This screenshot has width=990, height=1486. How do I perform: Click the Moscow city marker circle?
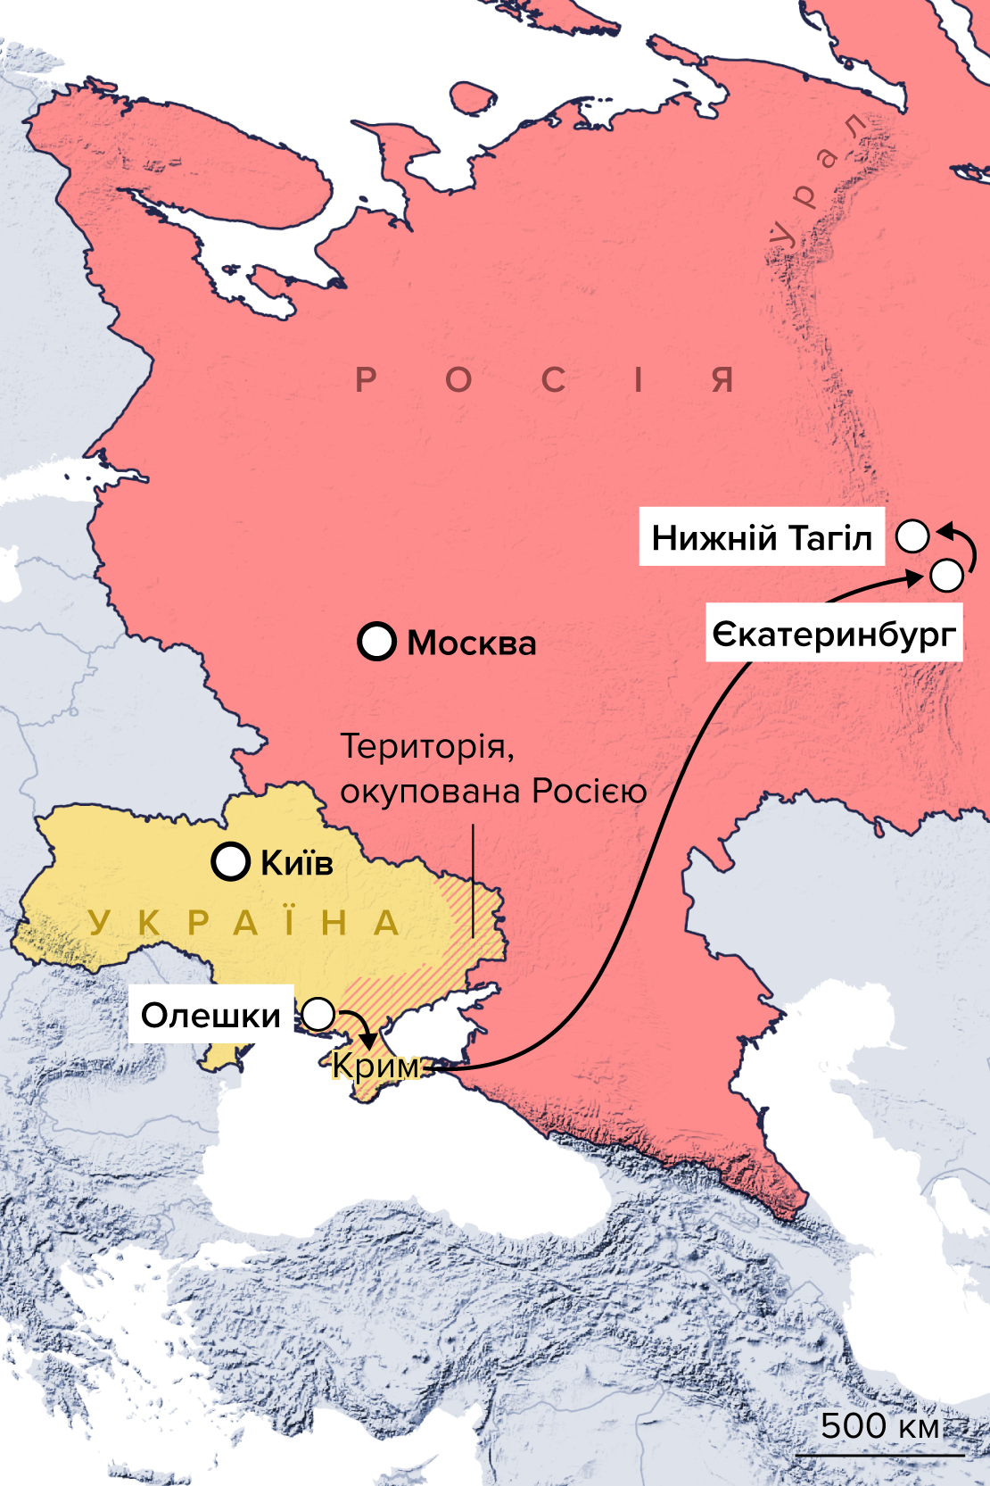(x=376, y=641)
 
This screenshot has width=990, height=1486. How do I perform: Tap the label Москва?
(x=472, y=643)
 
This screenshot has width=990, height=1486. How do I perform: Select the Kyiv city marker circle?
(x=230, y=861)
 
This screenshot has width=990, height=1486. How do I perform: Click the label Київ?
(x=297, y=863)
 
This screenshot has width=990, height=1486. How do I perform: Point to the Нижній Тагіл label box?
(x=761, y=537)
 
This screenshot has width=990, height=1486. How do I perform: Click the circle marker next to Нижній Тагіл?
(x=912, y=536)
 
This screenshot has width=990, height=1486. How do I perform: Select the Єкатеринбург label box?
(x=834, y=635)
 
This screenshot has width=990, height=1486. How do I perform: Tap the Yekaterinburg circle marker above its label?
(x=946, y=575)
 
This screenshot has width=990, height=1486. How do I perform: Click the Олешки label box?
(x=210, y=1015)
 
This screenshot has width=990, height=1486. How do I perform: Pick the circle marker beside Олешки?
(x=318, y=1015)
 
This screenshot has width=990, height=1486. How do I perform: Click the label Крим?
(x=375, y=1066)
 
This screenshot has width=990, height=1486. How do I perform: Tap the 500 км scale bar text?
(x=879, y=1426)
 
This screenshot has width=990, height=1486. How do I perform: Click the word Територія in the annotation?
(x=427, y=746)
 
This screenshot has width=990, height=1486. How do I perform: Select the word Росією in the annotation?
(x=590, y=792)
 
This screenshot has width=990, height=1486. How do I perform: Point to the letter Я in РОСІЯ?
(x=722, y=380)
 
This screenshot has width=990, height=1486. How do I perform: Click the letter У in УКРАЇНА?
(x=99, y=923)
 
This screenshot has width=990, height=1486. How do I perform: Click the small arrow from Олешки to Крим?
(x=359, y=1026)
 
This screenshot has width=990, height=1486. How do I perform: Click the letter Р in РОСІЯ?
(x=366, y=380)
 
